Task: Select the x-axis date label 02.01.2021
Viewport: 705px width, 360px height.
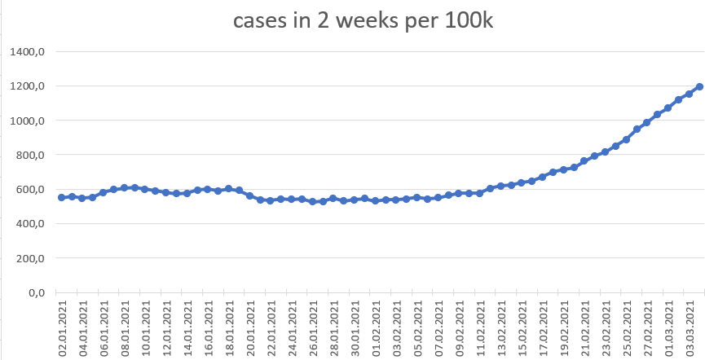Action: (x=62, y=327)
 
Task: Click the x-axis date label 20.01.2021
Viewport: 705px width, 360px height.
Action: (x=249, y=327)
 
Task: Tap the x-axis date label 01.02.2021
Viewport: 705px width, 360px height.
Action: (x=376, y=327)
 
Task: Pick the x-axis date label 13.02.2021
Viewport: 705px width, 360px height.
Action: (x=500, y=327)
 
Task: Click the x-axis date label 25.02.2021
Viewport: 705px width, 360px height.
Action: (x=626, y=327)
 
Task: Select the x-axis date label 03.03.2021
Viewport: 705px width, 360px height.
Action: (x=689, y=327)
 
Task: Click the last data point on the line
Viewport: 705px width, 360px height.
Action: (x=699, y=86)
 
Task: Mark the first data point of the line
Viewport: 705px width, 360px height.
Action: (x=62, y=197)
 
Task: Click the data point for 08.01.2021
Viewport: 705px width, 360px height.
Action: (x=124, y=187)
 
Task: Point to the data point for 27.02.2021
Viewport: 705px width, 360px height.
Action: (x=647, y=122)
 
